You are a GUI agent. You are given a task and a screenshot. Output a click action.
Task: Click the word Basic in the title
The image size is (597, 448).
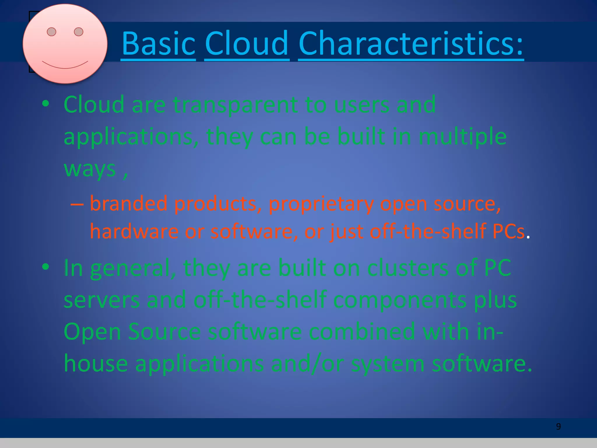[158, 44]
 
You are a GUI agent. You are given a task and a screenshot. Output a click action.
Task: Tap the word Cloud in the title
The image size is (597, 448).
[247, 44]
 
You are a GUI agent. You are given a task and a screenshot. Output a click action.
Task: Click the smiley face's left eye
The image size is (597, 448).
[52, 32]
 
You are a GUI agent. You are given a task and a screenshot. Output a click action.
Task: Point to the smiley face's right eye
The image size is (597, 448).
[79, 32]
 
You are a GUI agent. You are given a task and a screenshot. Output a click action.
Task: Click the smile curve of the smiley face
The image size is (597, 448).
[65, 66]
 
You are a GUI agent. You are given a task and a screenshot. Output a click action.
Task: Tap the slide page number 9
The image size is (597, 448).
[558, 427]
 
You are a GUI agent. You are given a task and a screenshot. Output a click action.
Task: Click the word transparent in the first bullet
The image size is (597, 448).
[235, 105]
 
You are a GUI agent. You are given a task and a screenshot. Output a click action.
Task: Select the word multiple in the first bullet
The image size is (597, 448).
[463, 136]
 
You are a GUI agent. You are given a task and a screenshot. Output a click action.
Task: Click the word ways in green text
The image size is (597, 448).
[90, 169]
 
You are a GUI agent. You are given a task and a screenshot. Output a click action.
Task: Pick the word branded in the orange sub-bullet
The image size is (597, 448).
[129, 204]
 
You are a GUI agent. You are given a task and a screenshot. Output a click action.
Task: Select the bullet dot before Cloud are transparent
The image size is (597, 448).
[45, 104]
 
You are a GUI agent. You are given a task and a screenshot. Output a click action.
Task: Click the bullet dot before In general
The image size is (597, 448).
[45, 267]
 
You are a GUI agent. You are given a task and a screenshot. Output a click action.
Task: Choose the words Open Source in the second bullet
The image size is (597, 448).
[132, 332]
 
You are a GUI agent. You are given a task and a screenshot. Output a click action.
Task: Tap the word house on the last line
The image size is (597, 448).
[96, 364]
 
